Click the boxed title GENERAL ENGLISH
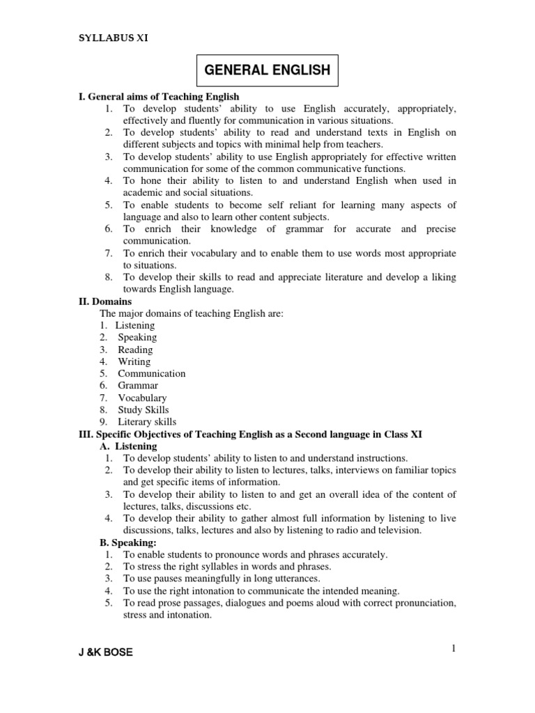coord(267,70)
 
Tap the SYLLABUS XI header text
coord(112,38)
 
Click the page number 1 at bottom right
coord(453,649)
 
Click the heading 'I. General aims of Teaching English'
coord(160,97)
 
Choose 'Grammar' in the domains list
coord(138,385)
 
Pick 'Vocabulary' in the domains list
coord(142,398)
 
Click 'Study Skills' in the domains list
coord(143,409)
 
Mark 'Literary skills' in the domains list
coord(147,422)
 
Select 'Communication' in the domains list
coord(151,373)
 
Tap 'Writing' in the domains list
coord(134,361)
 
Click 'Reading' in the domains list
coord(135,350)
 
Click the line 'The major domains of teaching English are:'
coord(192,313)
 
